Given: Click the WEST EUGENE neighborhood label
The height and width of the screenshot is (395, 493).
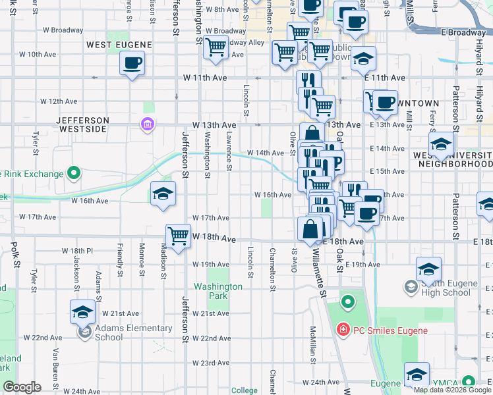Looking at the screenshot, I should [119, 45].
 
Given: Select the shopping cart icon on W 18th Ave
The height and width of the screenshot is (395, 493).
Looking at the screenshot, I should [179, 236].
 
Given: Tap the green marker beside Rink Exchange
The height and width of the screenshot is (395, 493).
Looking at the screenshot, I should [74, 174].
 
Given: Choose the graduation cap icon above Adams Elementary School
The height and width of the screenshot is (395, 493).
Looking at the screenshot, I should [83, 312].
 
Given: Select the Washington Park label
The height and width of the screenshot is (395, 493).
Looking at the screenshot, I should [219, 291].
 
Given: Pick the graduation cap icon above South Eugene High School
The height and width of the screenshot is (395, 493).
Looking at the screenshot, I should [428, 269].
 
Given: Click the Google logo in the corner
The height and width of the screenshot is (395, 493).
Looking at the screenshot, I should [22, 387].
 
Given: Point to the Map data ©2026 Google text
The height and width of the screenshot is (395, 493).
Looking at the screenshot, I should [452, 390].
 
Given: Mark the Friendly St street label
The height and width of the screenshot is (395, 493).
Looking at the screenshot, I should [121, 261].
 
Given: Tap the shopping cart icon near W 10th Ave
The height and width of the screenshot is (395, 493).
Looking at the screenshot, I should [216, 49].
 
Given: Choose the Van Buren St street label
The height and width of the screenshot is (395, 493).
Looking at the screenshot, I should [57, 362].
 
